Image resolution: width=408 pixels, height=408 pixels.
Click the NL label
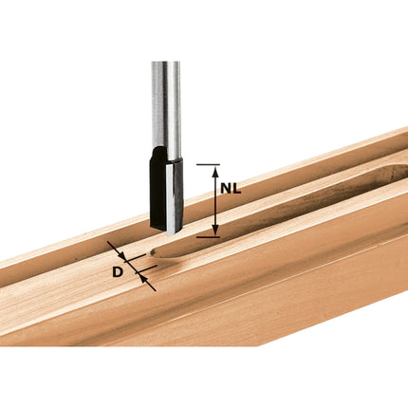point(230,189)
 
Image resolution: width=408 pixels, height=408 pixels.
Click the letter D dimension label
point(117,273)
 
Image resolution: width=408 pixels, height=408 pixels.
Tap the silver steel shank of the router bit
point(164,104)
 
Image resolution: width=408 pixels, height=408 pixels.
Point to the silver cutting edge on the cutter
point(172,195)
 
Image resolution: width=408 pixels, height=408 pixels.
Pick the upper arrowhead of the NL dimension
point(214,172)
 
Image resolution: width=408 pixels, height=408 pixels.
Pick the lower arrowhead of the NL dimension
point(214,231)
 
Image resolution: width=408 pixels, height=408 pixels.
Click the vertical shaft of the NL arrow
point(214,201)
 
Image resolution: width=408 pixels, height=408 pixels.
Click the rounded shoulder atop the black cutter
point(162,152)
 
